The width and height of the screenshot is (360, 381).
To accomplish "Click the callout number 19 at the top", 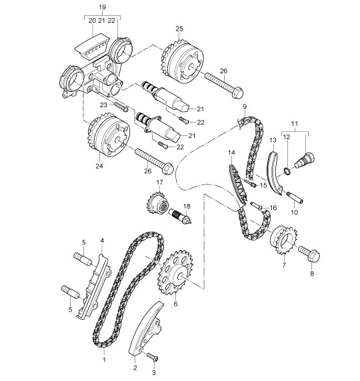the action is click(103, 7).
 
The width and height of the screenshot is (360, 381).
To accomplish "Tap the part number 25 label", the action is click(179, 29).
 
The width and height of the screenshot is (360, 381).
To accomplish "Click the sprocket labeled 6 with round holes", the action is click(175, 272).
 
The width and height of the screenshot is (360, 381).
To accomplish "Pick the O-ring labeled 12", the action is click(287, 171).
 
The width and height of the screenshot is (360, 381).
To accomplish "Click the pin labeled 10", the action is click(294, 197).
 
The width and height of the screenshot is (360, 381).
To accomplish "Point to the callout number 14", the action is click(231, 153).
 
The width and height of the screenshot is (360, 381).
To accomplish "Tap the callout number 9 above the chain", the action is click(245, 107).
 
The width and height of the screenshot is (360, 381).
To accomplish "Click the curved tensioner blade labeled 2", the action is click(145, 328).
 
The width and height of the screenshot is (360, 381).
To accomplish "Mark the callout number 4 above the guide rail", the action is click(102, 240).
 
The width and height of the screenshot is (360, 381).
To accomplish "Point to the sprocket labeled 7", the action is click(283, 240).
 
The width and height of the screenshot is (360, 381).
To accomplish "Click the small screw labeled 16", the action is click(257, 205).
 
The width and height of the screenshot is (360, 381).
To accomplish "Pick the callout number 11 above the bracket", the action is click(295, 124).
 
